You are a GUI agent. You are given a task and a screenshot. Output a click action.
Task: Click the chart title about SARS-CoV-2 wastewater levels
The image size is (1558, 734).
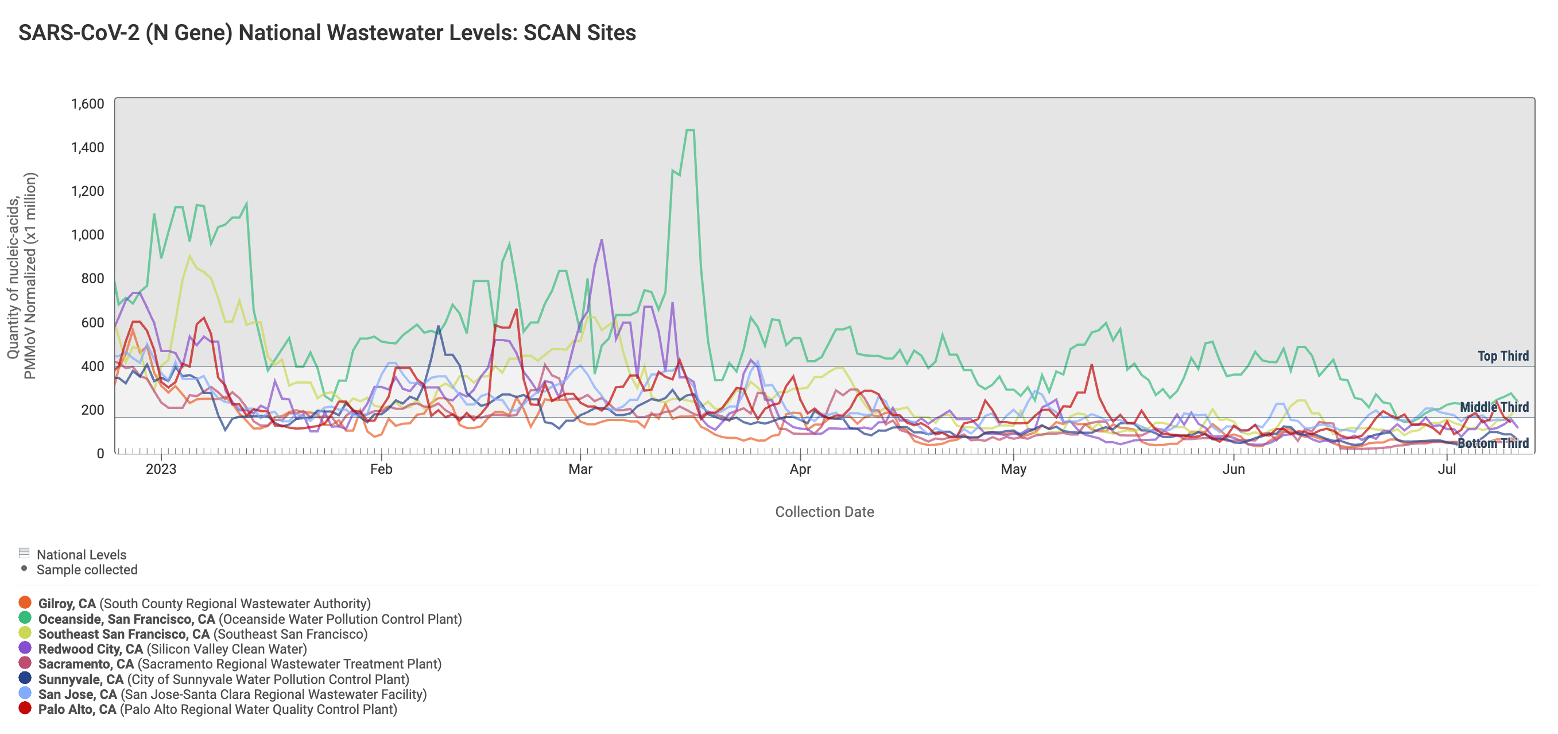[x=327, y=33]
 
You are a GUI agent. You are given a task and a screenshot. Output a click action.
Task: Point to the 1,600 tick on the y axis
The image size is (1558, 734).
[x=88, y=104]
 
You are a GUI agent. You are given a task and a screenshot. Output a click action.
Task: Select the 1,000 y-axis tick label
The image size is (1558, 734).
[x=88, y=235]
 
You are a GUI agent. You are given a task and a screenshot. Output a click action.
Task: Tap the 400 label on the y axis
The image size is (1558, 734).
[x=92, y=366]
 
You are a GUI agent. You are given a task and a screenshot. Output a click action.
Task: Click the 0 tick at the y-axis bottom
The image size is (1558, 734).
[x=100, y=453]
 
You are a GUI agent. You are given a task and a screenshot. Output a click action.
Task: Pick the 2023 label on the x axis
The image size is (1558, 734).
[x=161, y=470]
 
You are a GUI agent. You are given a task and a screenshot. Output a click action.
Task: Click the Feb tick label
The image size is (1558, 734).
[x=381, y=470]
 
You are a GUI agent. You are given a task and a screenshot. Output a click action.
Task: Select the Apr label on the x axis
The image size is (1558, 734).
[x=800, y=470]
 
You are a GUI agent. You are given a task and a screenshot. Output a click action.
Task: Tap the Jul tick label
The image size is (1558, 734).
[x=1447, y=470]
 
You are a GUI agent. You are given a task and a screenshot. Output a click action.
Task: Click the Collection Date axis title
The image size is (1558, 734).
[x=824, y=512]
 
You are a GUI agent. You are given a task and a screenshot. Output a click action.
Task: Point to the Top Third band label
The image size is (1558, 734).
[x=1503, y=356]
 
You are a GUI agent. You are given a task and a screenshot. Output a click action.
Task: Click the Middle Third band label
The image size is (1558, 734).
[x=1494, y=407]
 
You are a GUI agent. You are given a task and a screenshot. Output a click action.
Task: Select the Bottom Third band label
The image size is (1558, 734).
[x=1493, y=443]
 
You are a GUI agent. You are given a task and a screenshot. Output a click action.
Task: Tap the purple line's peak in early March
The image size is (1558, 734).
[x=601, y=240]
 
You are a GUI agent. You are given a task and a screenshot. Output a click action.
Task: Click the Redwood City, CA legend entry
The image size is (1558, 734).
[x=162, y=648]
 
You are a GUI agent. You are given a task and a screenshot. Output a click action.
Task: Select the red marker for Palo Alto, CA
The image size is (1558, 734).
[x=25, y=708]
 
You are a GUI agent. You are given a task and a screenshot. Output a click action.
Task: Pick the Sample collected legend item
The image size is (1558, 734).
[x=79, y=569]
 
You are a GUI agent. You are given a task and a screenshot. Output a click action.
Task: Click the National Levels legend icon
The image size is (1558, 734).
[x=24, y=553]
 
